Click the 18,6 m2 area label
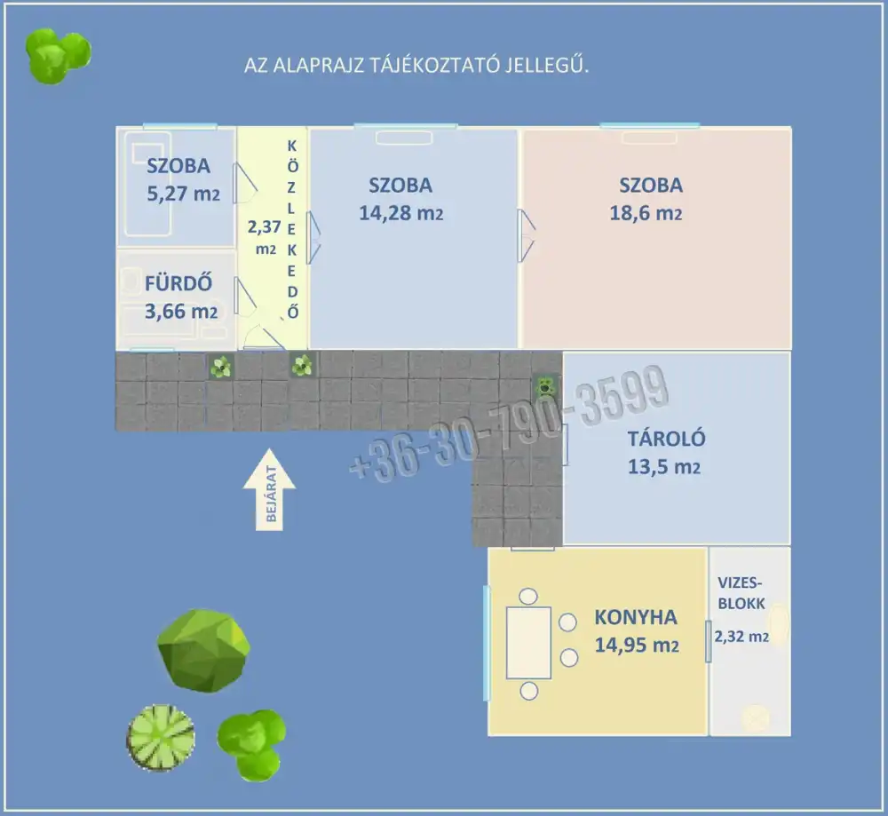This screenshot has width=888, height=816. (x=650, y=214)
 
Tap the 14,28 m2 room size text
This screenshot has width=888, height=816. (x=401, y=214)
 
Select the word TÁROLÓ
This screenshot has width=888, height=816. (x=666, y=439)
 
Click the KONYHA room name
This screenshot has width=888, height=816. (x=635, y=618)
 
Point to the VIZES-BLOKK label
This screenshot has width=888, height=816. (x=741, y=593)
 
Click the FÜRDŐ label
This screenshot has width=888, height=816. (x=178, y=284)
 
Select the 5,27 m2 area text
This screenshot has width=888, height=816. (x=181, y=193)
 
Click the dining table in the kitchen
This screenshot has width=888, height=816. (x=528, y=642)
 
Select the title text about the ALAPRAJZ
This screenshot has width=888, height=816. (x=417, y=67)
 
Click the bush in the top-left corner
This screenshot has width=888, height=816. (x=56, y=55)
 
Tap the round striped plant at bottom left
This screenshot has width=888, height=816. (x=161, y=736)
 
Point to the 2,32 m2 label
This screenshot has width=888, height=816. (x=741, y=636)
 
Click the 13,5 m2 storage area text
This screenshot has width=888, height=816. (x=663, y=467)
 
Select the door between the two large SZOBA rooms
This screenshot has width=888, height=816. (x=526, y=235)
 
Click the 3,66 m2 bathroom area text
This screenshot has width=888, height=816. (x=180, y=312)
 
